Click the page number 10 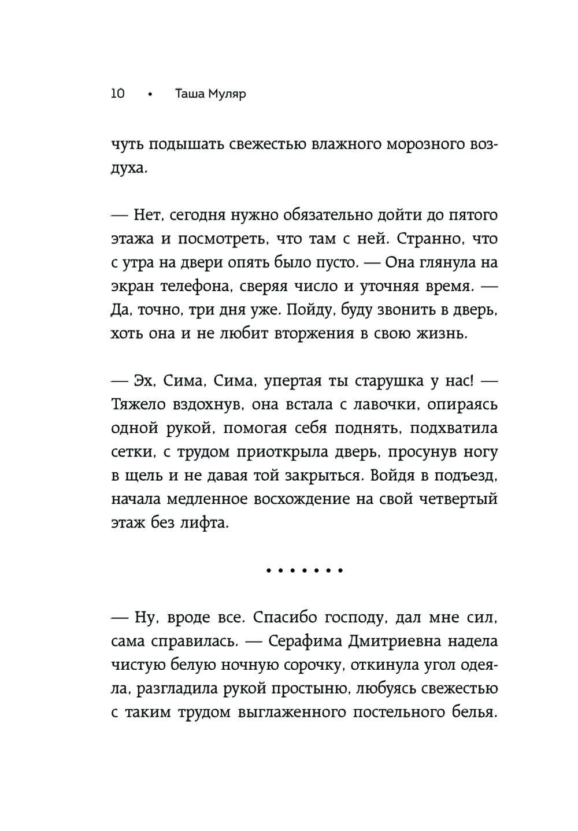(x=117, y=93)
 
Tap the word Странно (x=423, y=239)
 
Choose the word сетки (x=130, y=452)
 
